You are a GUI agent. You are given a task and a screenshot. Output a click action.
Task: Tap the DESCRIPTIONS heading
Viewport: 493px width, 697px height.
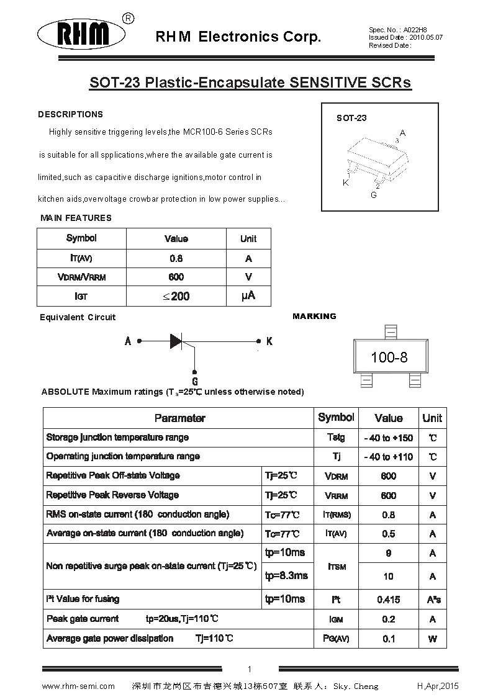pyautogui.click(x=70, y=114)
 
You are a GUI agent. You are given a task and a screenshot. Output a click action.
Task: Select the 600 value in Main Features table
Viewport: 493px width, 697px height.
pyautogui.click(x=176, y=277)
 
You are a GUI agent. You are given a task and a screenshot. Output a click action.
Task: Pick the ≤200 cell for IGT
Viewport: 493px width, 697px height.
pyautogui.click(x=176, y=297)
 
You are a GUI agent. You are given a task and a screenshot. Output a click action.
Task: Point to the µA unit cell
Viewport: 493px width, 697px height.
pyautogui.click(x=248, y=296)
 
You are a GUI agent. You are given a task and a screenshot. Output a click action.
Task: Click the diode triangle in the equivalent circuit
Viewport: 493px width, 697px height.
pyautogui.click(x=177, y=341)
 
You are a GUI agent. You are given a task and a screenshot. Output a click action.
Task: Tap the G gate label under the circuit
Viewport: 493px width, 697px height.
pyautogui.click(x=195, y=381)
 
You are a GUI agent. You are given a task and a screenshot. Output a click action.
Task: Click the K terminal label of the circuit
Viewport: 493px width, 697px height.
pyautogui.click(x=269, y=341)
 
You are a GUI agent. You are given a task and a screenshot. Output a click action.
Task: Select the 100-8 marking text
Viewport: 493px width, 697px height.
pyautogui.click(x=389, y=357)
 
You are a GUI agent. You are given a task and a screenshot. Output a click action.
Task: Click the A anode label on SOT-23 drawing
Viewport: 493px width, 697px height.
pyautogui.click(x=402, y=133)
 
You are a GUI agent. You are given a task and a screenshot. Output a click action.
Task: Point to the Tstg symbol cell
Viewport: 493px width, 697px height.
pyautogui.click(x=336, y=438)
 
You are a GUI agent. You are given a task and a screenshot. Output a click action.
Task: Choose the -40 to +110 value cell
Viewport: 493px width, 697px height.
pyautogui.click(x=388, y=457)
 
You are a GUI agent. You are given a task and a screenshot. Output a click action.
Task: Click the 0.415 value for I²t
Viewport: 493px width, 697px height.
pyautogui.click(x=388, y=600)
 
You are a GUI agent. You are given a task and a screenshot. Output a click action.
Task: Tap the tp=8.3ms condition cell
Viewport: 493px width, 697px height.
pyautogui.click(x=286, y=576)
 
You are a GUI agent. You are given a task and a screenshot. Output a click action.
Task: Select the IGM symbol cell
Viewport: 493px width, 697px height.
pyautogui.click(x=336, y=619)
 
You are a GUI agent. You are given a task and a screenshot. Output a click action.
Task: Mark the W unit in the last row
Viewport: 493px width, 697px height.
pyautogui.click(x=432, y=639)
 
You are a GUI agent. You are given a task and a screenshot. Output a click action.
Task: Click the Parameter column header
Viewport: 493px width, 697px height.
pyautogui.click(x=179, y=418)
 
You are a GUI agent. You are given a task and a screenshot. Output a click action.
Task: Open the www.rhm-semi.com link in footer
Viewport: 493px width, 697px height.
pyautogui.click(x=78, y=686)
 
